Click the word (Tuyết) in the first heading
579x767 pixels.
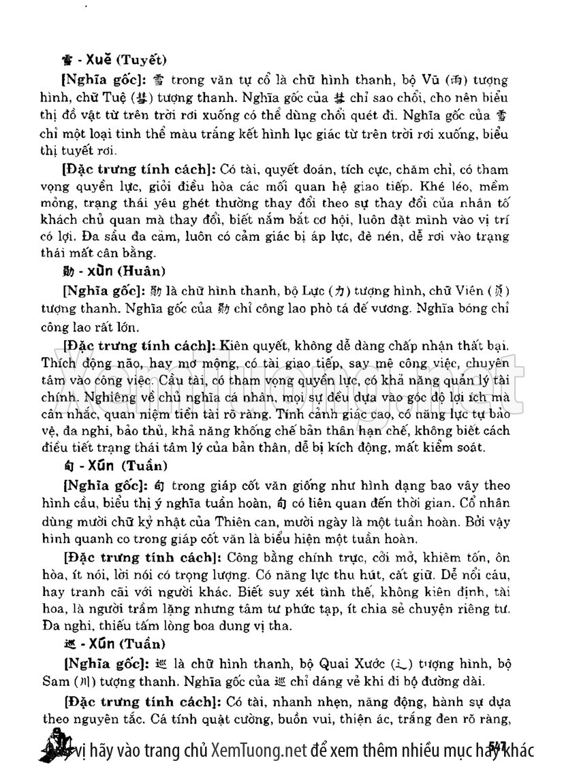142,59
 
